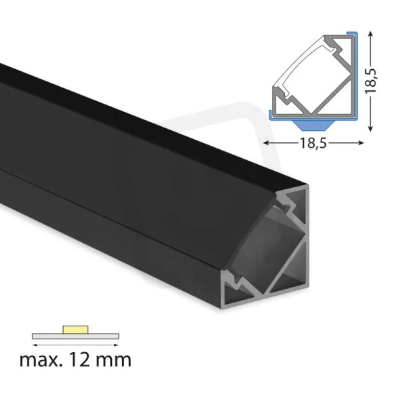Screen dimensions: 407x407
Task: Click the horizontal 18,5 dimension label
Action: coord(313,142)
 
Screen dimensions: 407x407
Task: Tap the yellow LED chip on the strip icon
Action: coord(75,330)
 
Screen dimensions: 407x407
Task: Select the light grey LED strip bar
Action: coord(75,336)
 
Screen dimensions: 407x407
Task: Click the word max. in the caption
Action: coord(41,360)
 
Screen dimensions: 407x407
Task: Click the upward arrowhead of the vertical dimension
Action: coord(370,34)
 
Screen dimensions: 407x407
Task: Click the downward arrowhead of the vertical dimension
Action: coord(370,128)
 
